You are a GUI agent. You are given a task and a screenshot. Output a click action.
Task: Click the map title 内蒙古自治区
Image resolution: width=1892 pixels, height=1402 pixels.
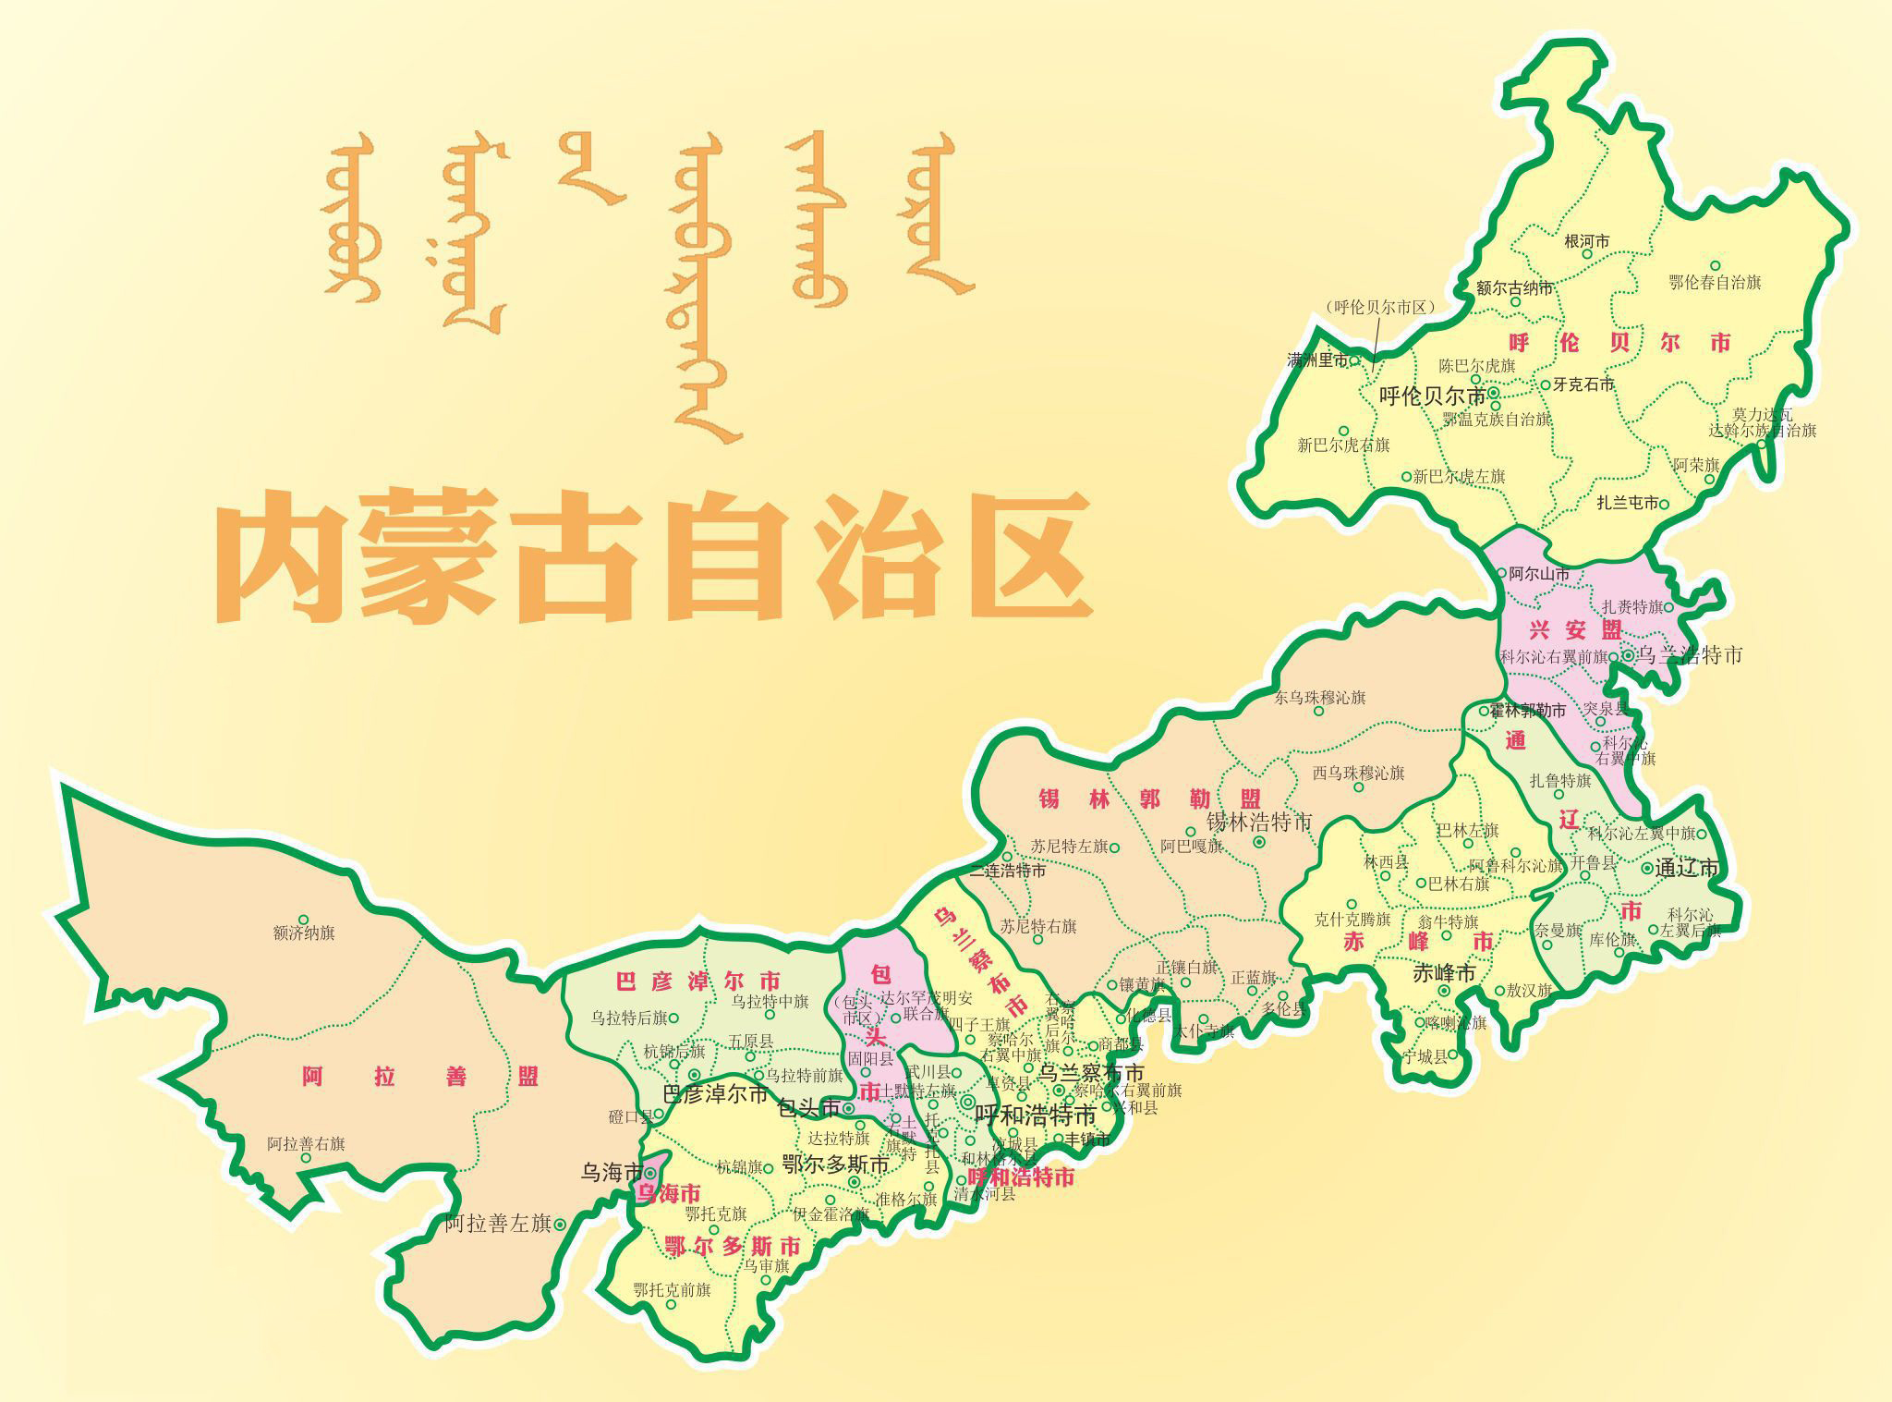[654, 558]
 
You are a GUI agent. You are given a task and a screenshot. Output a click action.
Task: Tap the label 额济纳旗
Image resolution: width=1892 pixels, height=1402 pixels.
[304, 933]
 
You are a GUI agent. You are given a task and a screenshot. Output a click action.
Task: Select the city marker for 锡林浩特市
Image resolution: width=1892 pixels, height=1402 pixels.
[1259, 842]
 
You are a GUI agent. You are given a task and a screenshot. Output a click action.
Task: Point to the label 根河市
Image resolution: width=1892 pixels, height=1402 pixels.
[1587, 241]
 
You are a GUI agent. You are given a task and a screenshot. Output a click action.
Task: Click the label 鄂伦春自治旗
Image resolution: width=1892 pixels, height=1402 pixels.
[1715, 282]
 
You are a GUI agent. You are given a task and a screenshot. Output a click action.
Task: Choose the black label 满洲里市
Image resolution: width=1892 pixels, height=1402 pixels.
[1317, 360]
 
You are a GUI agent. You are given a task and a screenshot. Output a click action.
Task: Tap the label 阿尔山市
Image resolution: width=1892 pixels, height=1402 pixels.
[1538, 574]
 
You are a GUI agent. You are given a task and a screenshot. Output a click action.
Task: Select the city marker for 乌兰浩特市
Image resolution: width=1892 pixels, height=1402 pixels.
[1629, 655]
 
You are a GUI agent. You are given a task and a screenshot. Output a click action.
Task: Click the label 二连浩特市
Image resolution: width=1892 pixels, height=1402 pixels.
[1008, 871]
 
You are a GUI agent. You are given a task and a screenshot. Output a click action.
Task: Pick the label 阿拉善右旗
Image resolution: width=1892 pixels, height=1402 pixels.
[306, 1143]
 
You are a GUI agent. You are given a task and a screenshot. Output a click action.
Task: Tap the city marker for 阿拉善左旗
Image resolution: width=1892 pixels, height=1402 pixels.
[560, 1225]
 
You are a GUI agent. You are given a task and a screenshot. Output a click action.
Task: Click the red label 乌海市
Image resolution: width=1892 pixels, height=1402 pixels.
[668, 1193]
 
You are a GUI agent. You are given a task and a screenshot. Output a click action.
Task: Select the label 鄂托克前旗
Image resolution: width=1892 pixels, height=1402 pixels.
[672, 1289]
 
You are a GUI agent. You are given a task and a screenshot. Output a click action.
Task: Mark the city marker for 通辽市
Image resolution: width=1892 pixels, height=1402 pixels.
[1647, 868]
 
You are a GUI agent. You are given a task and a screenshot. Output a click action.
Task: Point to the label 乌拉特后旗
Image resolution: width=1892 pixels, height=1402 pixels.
[629, 1018]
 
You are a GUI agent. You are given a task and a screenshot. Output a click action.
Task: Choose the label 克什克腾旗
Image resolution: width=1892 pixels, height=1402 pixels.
[1352, 920]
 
